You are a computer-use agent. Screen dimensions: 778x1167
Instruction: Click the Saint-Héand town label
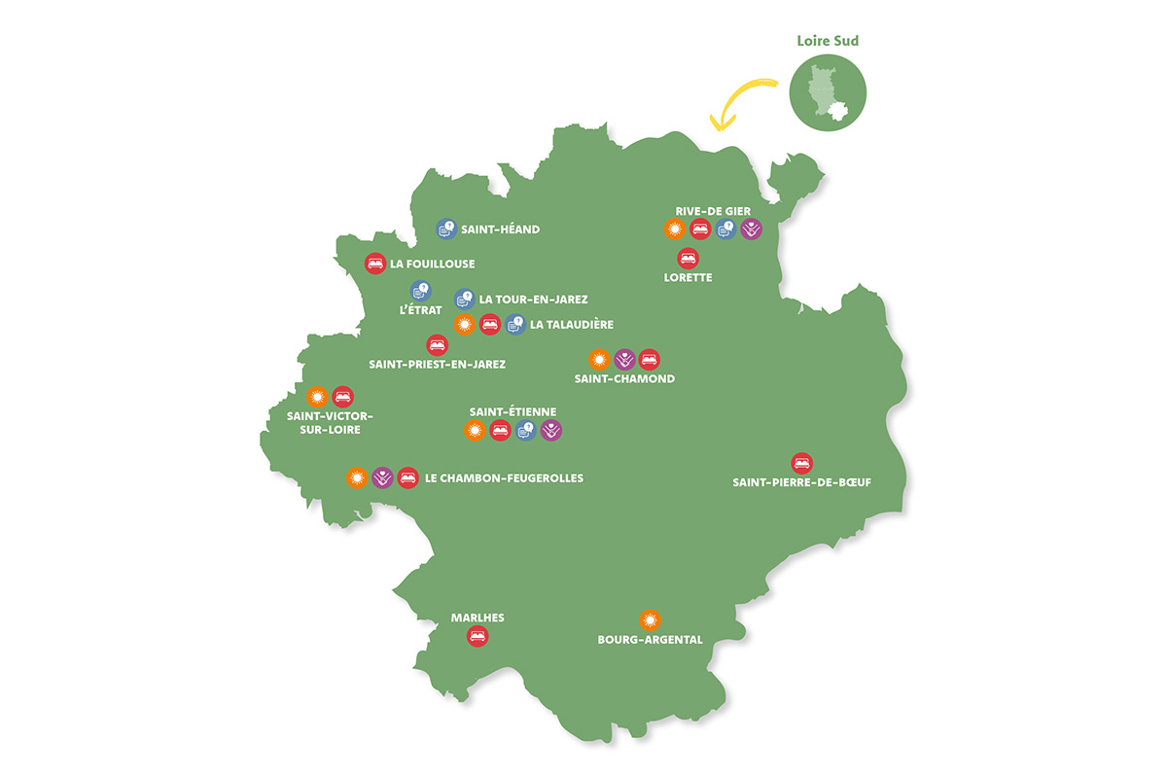(x=501, y=230)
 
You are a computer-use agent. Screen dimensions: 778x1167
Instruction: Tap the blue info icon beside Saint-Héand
(x=446, y=230)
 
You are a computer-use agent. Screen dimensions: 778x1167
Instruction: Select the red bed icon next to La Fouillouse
(x=375, y=263)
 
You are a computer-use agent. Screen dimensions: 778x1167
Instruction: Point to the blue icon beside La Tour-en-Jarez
(x=465, y=299)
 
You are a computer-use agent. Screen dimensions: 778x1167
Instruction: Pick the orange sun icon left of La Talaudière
(x=465, y=324)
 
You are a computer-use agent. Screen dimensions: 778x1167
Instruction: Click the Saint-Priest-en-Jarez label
(x=438, y=364)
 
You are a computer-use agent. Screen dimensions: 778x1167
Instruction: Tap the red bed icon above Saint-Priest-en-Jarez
(x=438, y=344)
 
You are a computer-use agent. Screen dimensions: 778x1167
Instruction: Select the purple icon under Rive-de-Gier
(x=751, y=230)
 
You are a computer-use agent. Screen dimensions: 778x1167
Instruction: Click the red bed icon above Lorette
(x=688, y=258)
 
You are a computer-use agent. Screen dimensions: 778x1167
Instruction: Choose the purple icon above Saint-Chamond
(x=624, y=359)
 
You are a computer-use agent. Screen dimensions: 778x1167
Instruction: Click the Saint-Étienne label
(x=513, y=411)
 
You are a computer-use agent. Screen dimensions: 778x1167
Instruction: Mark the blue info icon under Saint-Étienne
(x=526, y=430)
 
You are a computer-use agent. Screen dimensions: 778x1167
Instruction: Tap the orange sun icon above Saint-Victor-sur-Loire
(x=317, y=396)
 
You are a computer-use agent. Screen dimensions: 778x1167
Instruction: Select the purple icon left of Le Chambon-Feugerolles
(x=383, y=477)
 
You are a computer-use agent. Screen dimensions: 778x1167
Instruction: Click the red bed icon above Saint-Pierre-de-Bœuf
(x=800, y=462)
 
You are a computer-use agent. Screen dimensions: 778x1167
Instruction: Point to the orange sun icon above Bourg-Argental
(x=650, y=619)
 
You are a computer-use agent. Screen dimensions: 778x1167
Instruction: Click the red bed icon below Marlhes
(x=477, y=637)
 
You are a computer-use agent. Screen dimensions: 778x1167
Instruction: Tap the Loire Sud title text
(x=827, y=42)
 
